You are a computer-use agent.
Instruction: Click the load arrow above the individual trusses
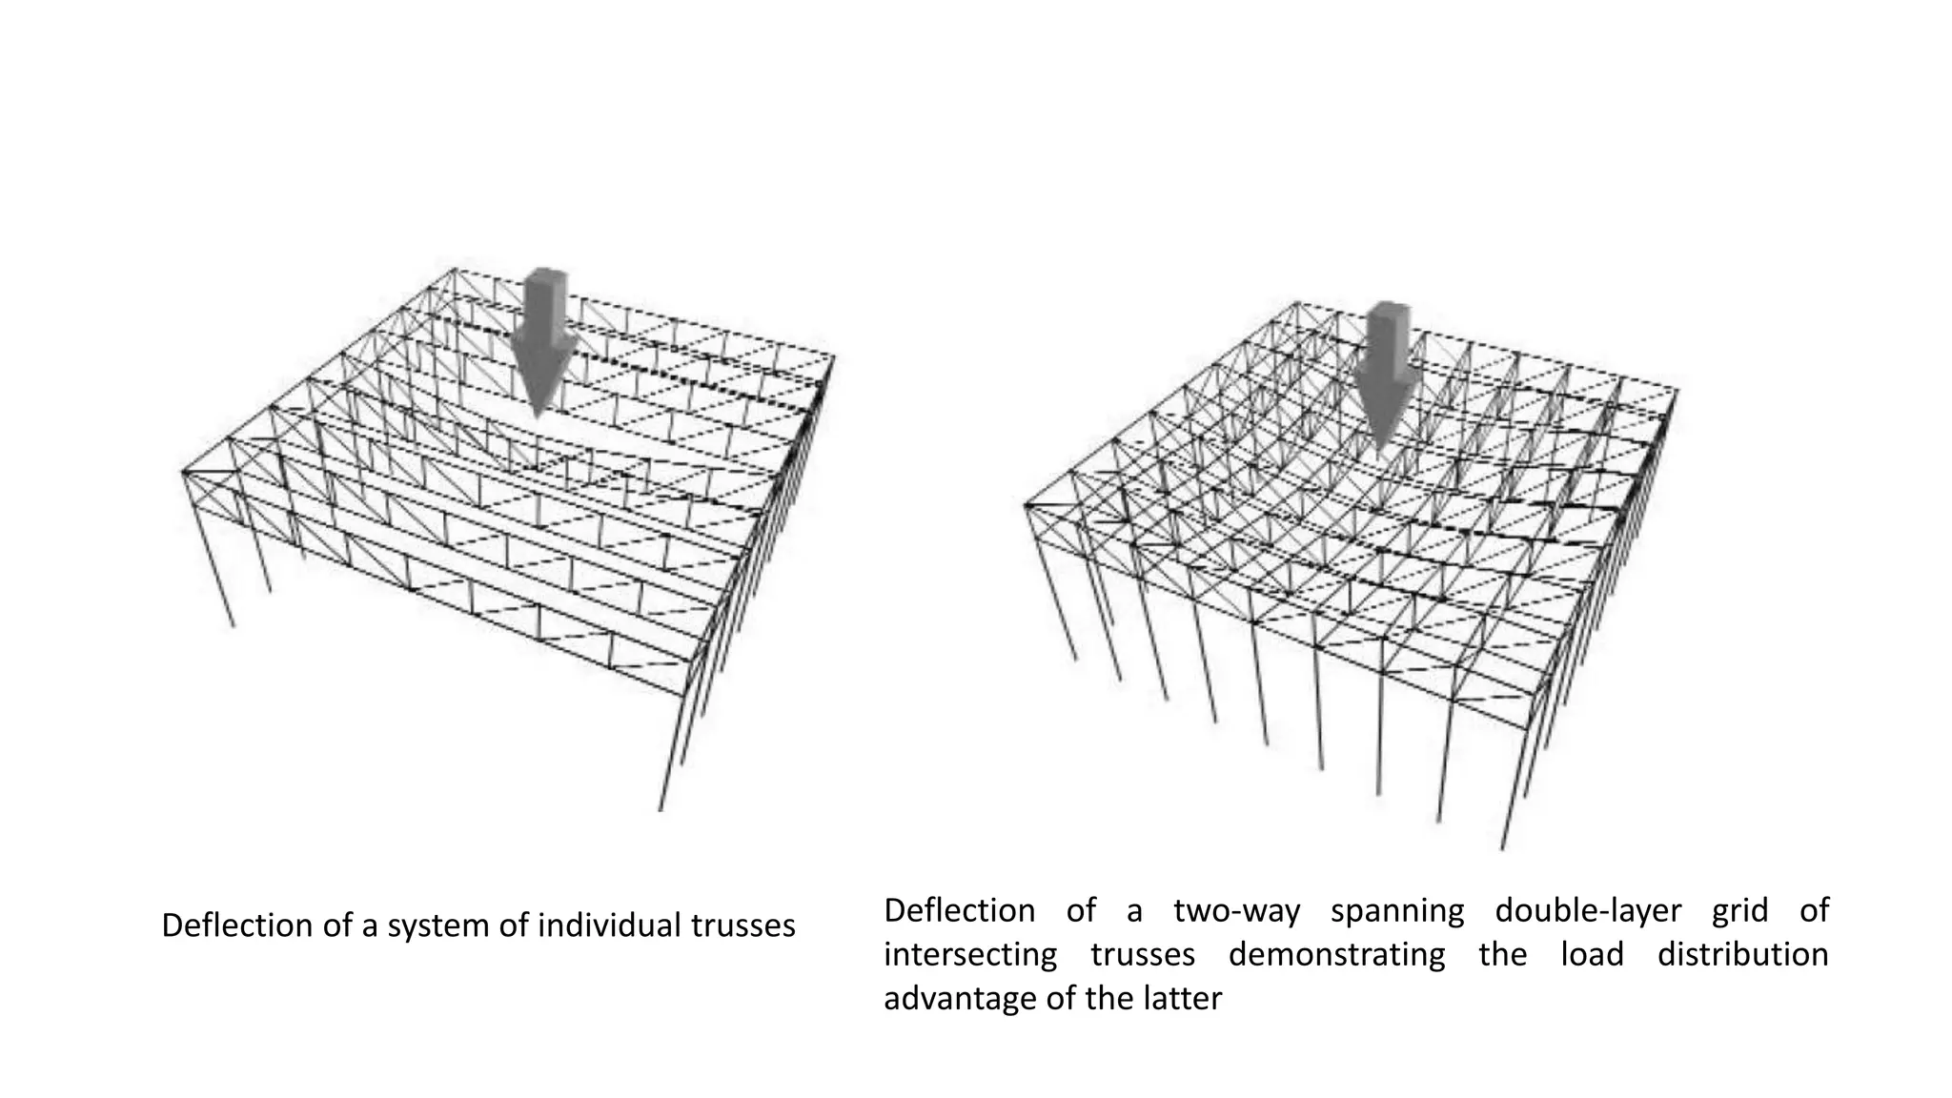541,334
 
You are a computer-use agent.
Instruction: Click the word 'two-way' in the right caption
1237,911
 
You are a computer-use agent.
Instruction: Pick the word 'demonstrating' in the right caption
1336,955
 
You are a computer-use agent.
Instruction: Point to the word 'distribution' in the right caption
1742,955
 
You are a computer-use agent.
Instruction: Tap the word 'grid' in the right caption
1739,911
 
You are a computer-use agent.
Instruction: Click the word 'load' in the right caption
1592,955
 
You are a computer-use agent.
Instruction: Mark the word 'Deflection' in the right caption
959,911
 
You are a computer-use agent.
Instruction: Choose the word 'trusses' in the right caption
1143,955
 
